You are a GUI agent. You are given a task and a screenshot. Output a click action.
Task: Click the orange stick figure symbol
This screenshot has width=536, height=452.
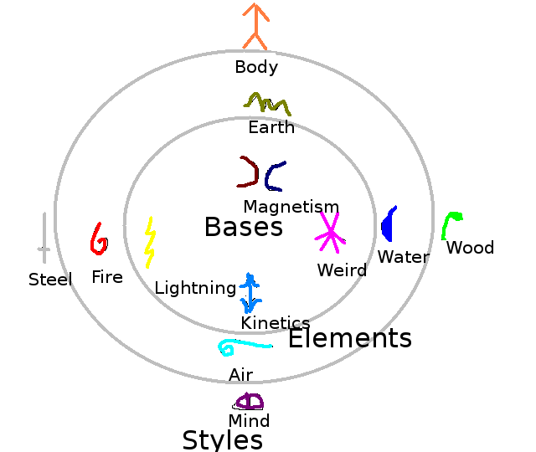256,26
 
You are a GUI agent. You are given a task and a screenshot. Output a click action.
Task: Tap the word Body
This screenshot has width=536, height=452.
256,67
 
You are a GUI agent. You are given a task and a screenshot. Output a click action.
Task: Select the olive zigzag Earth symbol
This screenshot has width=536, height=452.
268,105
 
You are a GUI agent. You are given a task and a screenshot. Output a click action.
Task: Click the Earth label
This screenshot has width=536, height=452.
271,127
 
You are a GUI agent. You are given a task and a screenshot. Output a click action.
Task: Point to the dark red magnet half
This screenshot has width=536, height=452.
249,172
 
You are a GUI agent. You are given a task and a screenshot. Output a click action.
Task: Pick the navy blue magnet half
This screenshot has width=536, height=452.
274,177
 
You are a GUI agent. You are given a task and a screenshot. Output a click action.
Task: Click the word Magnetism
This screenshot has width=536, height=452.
291,207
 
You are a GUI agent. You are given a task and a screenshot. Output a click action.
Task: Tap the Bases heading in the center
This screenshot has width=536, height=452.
244,227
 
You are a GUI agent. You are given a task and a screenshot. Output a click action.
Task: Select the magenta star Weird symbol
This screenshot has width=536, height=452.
330,232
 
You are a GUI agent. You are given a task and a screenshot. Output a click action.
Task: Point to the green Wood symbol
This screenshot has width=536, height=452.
451,224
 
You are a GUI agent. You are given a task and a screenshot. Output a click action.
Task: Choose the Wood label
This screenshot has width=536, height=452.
470,248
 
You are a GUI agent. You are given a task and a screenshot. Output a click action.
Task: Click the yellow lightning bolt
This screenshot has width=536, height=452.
150,242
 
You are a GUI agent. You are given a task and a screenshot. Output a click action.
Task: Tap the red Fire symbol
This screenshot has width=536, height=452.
98,239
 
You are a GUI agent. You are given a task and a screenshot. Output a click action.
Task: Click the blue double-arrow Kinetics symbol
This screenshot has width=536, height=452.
250,292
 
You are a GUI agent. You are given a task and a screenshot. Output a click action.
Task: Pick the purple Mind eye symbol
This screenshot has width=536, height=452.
250,401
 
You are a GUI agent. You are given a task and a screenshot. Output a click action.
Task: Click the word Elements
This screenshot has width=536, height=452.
350,338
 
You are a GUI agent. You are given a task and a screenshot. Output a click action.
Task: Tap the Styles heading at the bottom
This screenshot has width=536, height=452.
223,440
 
